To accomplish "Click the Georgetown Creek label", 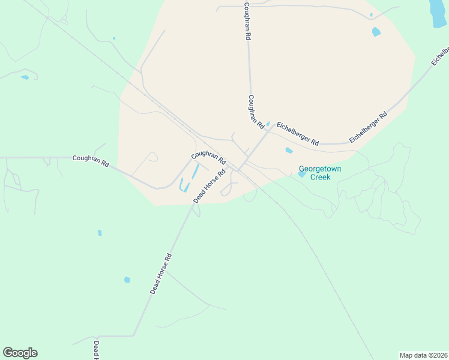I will point(320,173).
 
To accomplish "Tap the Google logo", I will point(20,353).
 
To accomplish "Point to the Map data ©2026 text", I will point(423,355).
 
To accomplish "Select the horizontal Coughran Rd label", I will point(90,161).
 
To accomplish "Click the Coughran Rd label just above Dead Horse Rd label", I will point(208,157).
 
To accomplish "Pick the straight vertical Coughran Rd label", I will point(247,20).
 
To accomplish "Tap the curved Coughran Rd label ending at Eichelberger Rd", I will point(256,112).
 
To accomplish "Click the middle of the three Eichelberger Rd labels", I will point(368,127).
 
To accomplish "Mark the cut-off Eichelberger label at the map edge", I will point(439,55).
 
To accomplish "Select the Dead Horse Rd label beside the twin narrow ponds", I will point(209,185).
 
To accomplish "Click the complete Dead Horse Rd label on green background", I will point(161,273).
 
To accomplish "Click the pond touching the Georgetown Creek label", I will point(301,174).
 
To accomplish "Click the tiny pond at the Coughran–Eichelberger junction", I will point(268,124).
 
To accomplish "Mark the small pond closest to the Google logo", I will point(127,280).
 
